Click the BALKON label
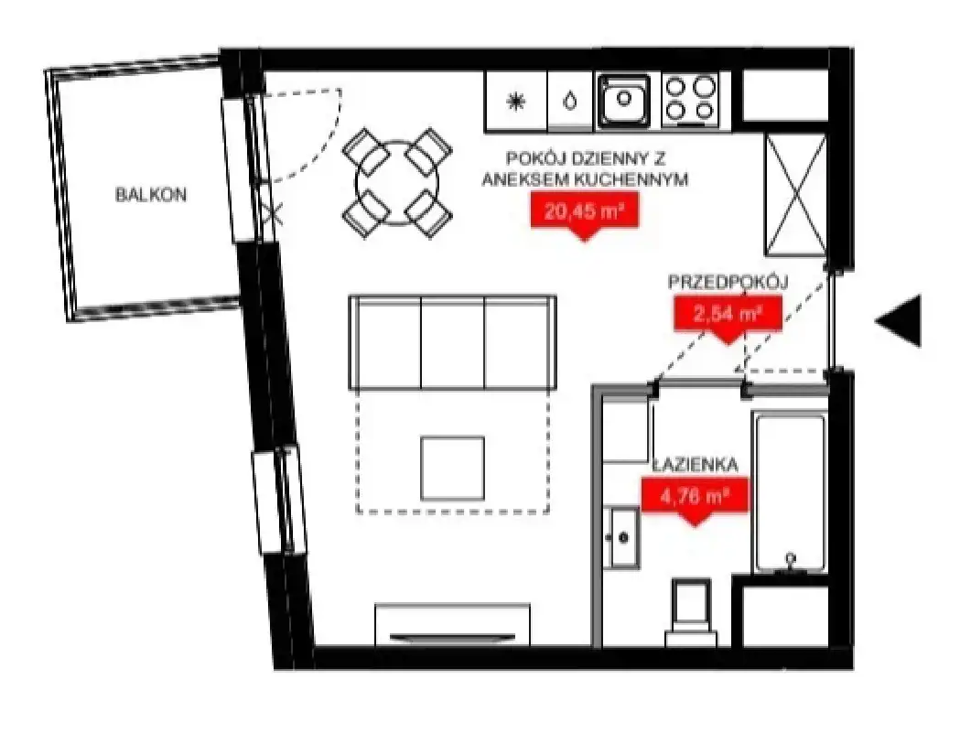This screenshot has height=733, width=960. click(x=151, y=195)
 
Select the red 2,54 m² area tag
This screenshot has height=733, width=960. click(x=728, y=318)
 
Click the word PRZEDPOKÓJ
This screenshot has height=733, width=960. click(x=728, y=282)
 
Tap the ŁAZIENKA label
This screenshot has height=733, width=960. click(x=696, y=465)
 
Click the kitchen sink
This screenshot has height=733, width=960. click(x=624, y=101)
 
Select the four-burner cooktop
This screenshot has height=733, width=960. click(x=691, y=101)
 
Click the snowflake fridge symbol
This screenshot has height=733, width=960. click(x=516, y=101)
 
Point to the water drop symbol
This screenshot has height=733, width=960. click(x=570, y=101)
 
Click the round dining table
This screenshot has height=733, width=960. click(x=397, y=182)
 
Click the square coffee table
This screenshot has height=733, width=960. click(x=452, y=469)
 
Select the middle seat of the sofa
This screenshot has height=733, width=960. click(x=452, y=343)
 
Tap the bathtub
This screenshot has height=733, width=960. click(x=791, y=493)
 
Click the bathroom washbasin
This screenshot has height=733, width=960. click(x=621, y=538)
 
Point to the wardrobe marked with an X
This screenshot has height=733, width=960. click(x=795, y=195)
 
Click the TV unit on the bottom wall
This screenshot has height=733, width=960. click(x=452, y=625)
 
